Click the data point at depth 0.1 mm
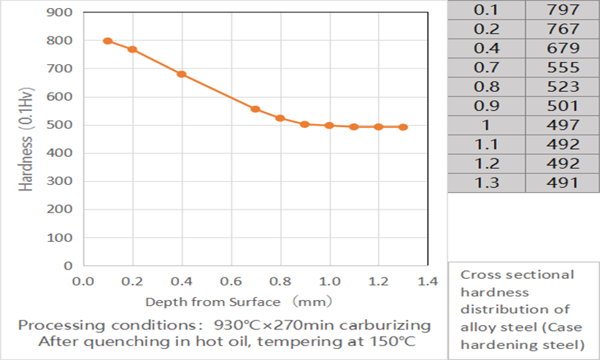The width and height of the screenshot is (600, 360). coord(107,41)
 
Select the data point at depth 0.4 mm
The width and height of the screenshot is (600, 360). coord(182,74)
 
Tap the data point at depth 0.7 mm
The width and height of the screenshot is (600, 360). coord(255,109)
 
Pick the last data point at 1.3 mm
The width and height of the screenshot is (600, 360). coord(404,127)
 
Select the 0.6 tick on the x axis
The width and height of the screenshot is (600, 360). coord(231,281)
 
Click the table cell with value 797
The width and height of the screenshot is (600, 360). coord(562,10)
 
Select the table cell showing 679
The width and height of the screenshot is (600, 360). coord(562,48)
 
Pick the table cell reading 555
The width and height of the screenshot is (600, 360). coord(562,67)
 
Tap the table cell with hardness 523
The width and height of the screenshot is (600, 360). coord(562,86)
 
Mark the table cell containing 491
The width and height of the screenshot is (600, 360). coord(562,182)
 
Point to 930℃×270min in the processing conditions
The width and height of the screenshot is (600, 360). coord(273,324)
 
